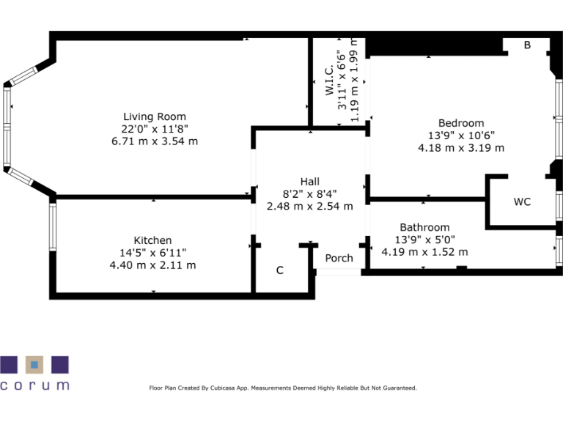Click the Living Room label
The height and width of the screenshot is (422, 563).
pos(155,116)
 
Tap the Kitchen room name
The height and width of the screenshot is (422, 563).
pos(152,240)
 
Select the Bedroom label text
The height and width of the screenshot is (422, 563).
pos(461,123)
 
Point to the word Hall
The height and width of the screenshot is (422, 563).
pos(310,182)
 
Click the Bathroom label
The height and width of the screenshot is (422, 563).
pos(424,227)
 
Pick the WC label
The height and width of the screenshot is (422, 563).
pos(522,201)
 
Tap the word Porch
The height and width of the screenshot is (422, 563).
pos(339,258)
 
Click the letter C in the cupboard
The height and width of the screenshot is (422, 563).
pos(280,270)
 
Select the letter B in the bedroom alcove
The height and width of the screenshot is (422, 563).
pos(527,45)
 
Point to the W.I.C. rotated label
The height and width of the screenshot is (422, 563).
pos(329,81)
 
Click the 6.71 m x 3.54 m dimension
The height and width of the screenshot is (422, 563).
pos(155,141)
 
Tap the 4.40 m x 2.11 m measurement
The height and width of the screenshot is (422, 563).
pos(152,265)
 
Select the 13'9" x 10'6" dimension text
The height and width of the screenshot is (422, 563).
pos(461,136)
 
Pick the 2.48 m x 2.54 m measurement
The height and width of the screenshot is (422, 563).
pos(310,207)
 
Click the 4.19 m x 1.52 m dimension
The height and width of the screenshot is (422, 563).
pos(424,252)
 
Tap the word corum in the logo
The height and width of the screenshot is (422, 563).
pos(34,385)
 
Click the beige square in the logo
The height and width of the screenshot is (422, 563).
pos(34,365)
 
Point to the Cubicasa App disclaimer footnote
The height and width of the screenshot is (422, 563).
pos(283,388)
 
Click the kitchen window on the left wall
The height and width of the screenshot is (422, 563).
pos(53,227)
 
